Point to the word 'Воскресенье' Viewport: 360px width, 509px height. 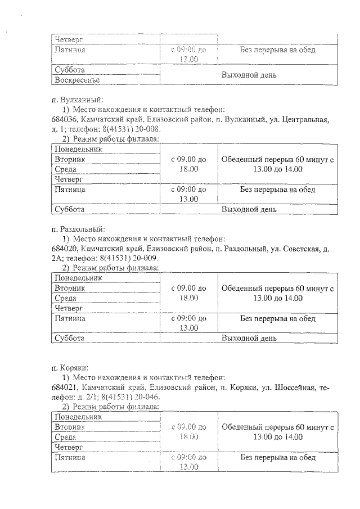pyautogui.click(x=77, y=80)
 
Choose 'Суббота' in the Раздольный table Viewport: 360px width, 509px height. pyautogui.click(x=69, y=338)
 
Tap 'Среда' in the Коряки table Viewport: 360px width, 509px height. pyautogui.click(x=65, y=437)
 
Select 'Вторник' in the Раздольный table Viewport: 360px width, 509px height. pyautogui.click(x=70, y=288)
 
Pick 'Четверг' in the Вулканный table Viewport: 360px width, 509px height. pyautogui.click(x=69, y=179)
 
